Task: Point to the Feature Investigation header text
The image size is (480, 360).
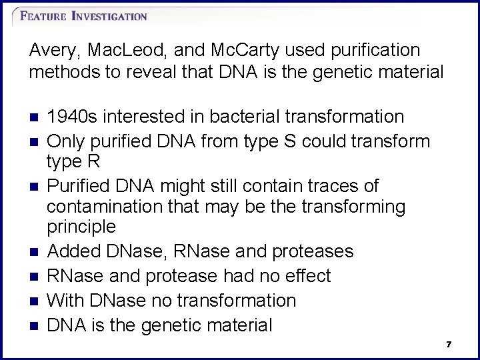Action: (83, 16)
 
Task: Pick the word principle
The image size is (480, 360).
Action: (81, 227)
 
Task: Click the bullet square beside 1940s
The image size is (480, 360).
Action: (35, 117)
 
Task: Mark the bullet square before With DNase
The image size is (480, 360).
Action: (35, 301)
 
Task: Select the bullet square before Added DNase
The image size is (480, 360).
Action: (35, 252)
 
